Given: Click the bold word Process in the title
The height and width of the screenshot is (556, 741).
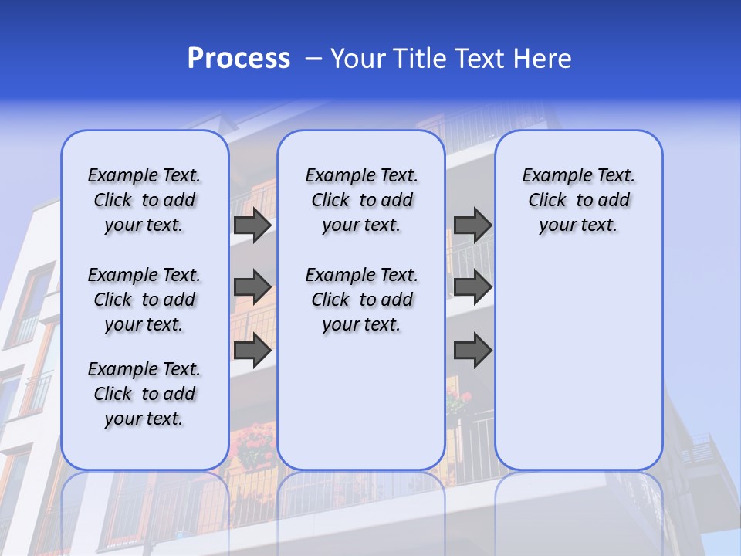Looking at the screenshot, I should (239, 59).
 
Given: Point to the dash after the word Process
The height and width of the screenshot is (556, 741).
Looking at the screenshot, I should (313, 59).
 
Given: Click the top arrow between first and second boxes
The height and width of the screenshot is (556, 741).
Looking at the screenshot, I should (252, 225).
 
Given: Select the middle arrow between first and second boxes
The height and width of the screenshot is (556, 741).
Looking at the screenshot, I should (252, 287).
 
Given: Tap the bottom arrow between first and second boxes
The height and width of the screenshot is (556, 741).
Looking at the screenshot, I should (252, 351).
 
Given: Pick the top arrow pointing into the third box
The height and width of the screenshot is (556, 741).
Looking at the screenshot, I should (472, 225).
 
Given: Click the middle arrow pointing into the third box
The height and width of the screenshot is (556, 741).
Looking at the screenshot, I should (472, 287).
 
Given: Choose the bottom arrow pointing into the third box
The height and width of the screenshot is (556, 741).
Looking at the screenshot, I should (472, 351).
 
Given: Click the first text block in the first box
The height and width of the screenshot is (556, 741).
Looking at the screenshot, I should (144, 200).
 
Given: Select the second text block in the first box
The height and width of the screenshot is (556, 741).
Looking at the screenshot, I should (144, 300).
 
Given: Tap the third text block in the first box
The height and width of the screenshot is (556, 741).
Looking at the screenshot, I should (144, 394).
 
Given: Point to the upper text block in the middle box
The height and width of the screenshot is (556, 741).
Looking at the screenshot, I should (361, 200).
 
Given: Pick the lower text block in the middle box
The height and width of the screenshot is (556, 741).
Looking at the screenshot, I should (361, 300).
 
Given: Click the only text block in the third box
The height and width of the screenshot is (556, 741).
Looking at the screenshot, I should (578, 200).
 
